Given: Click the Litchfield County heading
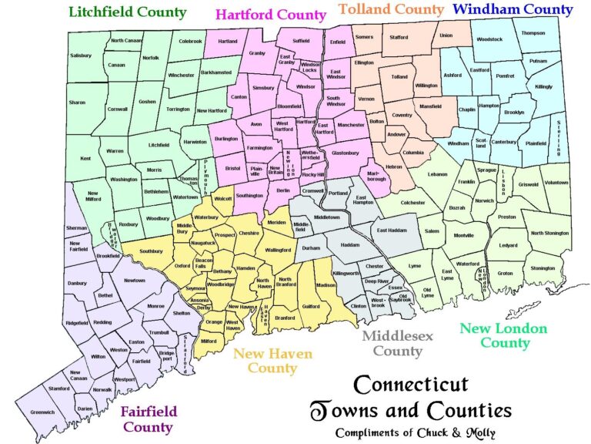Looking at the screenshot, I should (x=128, y=12).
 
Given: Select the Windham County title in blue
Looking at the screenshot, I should (x=513, y=10).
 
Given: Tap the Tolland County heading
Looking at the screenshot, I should (x=391, y=10).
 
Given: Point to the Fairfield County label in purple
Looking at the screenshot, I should (x=148, y=418).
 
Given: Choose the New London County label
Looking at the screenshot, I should (x=503, y=335).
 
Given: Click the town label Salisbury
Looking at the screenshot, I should (x=81, y=55).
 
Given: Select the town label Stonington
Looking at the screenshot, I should (x=543, y=268).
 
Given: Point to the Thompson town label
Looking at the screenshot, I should (x=533, y=33).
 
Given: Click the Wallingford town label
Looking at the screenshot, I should (x=278, y=250).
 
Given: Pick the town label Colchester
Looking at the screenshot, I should (x=412, y=203).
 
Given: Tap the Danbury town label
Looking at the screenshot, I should (x=78, y=283).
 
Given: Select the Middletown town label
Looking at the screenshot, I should (x=326, y=217).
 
